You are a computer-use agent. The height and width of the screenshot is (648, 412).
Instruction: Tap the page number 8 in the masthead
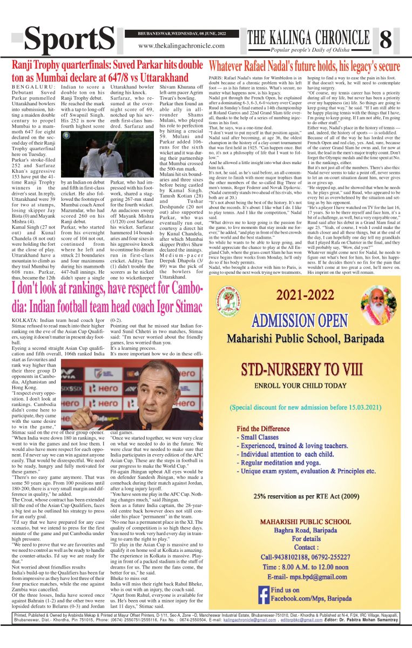click(386, 39)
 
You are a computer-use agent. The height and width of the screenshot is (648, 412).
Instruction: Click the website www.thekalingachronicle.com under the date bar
click(181, 46)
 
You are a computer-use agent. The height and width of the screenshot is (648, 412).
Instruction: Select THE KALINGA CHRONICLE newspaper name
click(306, 37)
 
